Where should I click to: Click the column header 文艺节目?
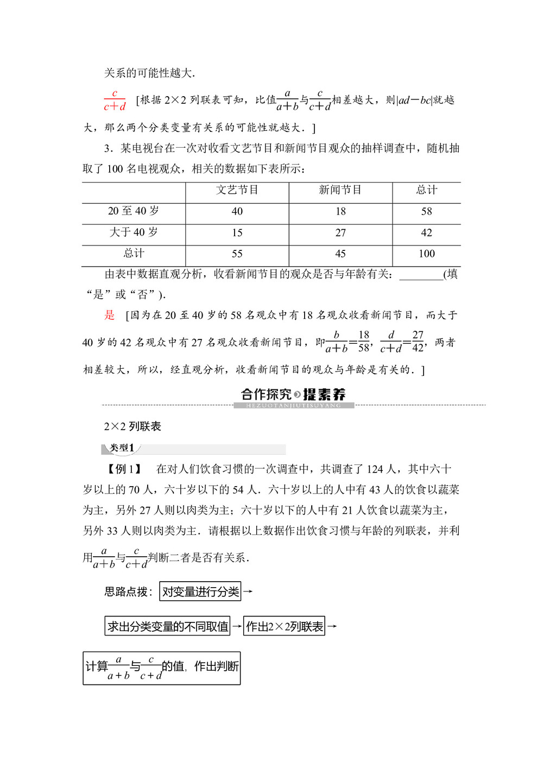tap(237, 190)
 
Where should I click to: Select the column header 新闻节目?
tap(340, 190)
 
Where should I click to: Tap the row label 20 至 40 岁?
tap(134, 211)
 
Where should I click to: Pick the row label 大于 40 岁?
tap(134, 232)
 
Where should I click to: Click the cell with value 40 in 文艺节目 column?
tap(237, 211)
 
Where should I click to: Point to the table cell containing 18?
tap(340, 211)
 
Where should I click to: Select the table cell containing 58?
tap(427, 211)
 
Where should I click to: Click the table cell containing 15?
tap(237, 232)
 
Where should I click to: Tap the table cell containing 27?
tap(340, 232)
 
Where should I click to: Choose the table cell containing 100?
tap(427, 254)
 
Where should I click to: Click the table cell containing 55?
tap(237, 254)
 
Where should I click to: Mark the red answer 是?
tap(110, 315)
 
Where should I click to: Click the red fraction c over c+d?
tap(115, 100)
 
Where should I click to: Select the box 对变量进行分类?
tap(200, 591)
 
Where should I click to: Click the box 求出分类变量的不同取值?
tap(167, 626)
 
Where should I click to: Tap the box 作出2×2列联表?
tap(284, 626)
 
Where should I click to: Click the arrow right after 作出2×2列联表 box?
tap(332, 626)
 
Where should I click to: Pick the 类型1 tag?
tap(122, 448)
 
